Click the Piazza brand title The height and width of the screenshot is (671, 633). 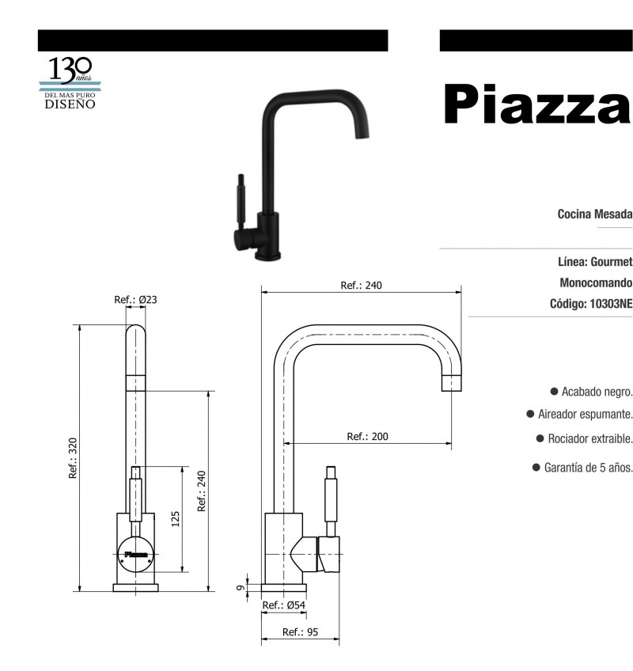click(x=536, y=104)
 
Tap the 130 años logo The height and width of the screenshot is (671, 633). click(x=70, y=82)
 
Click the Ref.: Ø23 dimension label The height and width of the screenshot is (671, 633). click(x=135, y=300)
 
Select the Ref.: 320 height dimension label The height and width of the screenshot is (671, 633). click(x=73, y=458)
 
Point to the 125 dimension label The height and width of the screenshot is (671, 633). click(x=176, y=518)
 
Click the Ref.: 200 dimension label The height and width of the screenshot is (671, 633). click(x=367, y=437)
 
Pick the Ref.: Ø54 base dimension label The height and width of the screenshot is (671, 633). click(x=283, y=605)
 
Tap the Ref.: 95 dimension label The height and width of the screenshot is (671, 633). click(x=300, y=632)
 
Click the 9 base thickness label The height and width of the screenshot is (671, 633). click(x=241, y=588)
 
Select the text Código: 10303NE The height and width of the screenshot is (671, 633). click(x=590, y=303)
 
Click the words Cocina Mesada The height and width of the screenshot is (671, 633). click(x=594, y=214)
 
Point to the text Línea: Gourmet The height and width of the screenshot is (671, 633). click(x=595, y=261)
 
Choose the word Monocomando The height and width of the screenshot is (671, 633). click(x=596, y=282)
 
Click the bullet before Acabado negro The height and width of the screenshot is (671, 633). click(x=554, y=391)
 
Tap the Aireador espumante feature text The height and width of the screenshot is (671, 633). click(x=585, y=415)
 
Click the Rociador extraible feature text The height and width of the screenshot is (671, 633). click(x=590, y=438)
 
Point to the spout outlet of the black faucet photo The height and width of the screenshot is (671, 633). click(x=362, y=133)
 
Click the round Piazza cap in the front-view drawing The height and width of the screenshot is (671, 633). click(x=135, y=554)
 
